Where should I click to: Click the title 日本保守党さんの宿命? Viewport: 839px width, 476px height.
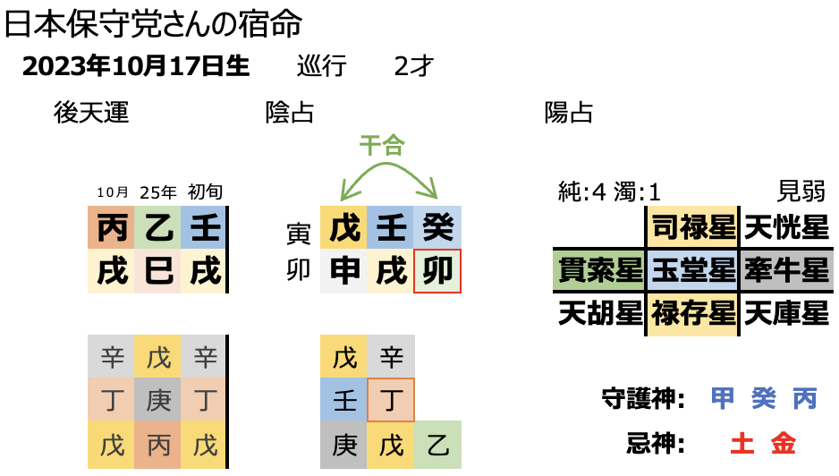pos(153,24)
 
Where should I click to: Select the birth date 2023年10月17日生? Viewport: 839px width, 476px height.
pos(136,68)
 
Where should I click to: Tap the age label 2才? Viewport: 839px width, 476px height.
pos(414,68)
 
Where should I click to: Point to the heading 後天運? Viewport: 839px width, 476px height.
pos(91,113)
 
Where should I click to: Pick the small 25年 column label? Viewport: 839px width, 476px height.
pos(157,192)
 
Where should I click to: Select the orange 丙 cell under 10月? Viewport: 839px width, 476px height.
pos(112,228)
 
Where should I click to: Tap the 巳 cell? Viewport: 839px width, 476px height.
pos(158,271)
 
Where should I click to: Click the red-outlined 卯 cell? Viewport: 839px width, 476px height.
pos(438,271)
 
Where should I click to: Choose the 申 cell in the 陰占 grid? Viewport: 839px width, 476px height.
pos(344,271)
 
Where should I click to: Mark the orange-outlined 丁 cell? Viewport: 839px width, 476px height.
pos(391,400)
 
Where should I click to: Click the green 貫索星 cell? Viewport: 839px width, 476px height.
pos(597,269)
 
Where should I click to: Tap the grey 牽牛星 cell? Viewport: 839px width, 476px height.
pos(786,269)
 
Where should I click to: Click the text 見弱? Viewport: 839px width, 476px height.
pos(801,191)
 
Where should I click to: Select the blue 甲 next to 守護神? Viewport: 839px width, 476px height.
pos(723,398)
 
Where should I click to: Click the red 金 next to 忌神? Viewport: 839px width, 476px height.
pos(783,442)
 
